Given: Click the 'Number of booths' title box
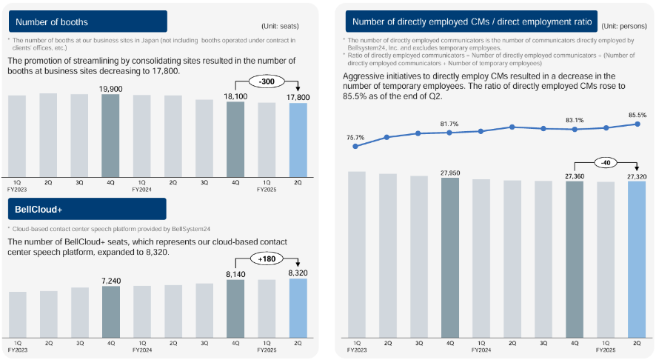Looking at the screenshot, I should coord(87,21).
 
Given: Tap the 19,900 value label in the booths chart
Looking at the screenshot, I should coord(110,90).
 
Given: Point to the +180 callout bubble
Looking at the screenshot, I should coord(267,259).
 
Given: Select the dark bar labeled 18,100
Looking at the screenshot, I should coord(235,139).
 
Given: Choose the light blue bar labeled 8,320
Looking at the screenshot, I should coord(298,310).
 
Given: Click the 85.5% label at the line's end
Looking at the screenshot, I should coord(637,115).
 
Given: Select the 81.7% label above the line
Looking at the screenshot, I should coord(449,124).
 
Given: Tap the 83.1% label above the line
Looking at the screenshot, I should coord(574,120).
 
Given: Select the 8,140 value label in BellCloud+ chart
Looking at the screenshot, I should coord(235,274).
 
